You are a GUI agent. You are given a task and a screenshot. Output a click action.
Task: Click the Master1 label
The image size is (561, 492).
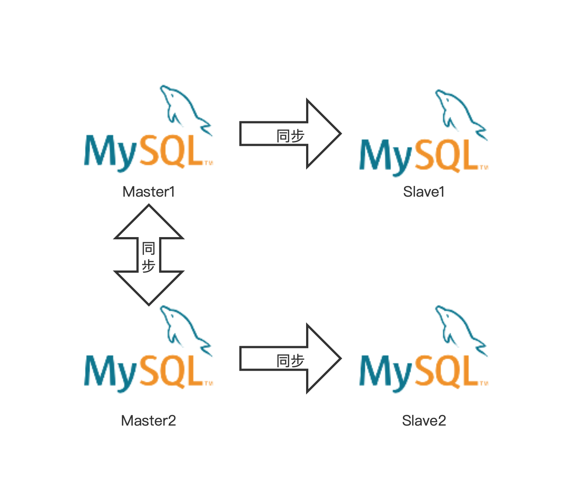point(148,192)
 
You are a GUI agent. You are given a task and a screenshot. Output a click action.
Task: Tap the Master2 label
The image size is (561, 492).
point(148,421)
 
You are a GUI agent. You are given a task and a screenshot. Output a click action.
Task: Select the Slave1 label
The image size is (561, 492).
point(424,192)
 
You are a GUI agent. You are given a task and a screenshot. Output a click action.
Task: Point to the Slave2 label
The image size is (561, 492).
point(424,421)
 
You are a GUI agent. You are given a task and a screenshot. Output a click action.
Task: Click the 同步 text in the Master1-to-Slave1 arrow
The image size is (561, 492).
point(290,136)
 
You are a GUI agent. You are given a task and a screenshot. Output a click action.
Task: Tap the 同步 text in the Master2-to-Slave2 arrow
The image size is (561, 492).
point(290,361)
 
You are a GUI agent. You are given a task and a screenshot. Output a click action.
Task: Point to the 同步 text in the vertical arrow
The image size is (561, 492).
point(148,257)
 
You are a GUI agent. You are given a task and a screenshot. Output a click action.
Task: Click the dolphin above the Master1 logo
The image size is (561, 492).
point(184,108)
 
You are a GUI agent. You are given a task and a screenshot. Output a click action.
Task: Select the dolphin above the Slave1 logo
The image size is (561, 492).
point(459,111)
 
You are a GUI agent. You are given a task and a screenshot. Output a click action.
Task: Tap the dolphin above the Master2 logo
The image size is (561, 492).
point(184,328)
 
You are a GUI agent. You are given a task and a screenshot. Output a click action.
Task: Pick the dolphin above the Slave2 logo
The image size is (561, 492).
point(459,328)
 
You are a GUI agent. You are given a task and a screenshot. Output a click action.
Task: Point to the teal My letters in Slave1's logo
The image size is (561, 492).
point(386,157)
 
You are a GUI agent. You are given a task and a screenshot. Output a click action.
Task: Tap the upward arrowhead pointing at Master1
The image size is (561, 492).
point(149,223)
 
